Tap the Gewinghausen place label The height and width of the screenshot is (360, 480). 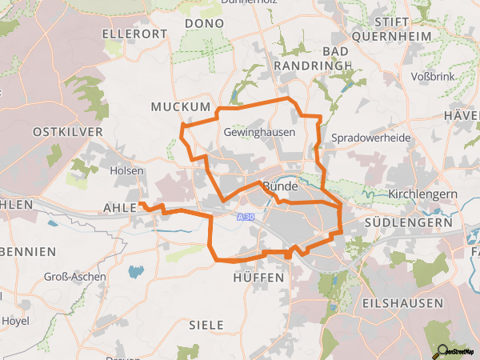tap(259, 132)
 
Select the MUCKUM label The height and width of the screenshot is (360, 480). tap(180, 106)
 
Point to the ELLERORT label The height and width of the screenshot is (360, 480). tap(134, 34)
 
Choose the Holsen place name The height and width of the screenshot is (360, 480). tap(126, 170)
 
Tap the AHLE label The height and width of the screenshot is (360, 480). tap(120, 208)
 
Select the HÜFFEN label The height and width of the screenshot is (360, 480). tap(258, 277)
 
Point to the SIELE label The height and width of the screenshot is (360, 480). tap(206, 325)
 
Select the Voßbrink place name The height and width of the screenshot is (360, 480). tap(431, 78)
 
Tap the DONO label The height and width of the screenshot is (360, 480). tap(198, 24)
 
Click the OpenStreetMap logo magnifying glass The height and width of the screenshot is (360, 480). tap(438, 350)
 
